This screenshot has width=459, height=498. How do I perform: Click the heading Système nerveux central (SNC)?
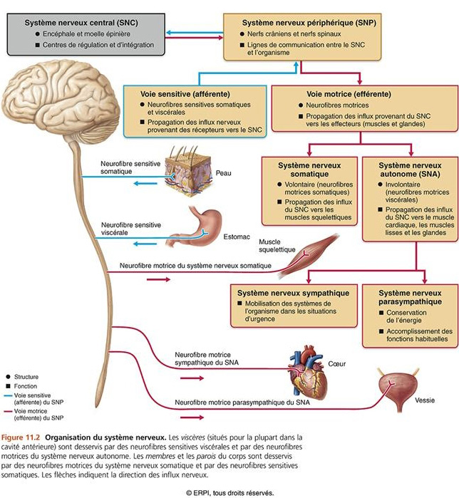click(x=81, y=23)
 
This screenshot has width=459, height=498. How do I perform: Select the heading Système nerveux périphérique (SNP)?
click(x=309, y=23)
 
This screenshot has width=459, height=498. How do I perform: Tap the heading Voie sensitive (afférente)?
click(x=185, y=94)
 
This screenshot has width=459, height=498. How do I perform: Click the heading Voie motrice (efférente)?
click(x=349, y=94)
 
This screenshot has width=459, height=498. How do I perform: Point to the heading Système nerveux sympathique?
click(x=293, y=293)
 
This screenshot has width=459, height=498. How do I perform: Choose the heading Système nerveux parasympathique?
click(x=410, y=297)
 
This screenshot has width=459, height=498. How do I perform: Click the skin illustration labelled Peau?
click(x=188, y=172)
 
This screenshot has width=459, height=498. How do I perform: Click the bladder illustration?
click(x=398, y=389)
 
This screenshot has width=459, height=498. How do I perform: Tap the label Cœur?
click(x=336, y=364)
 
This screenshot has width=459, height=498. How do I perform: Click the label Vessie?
click(x=425, y=400)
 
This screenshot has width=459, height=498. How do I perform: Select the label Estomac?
click(x=237, y=237)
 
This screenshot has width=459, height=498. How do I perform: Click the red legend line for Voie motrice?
click(x=8, y=411)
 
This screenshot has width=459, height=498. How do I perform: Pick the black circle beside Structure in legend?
click(x=8, y=377)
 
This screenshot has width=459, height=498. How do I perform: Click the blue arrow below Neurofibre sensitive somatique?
click(x=145, y=183)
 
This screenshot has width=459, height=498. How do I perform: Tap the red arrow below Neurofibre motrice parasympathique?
click(x=192, y=417)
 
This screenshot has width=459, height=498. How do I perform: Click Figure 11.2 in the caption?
click(x=21, y=437)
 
